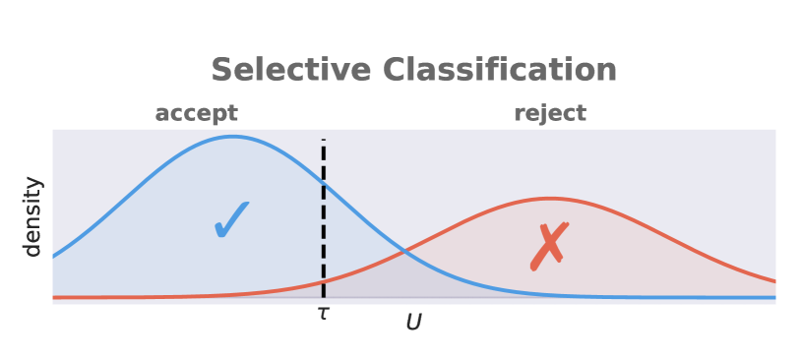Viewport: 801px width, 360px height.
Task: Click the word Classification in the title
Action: pyautogui.click(x=499, y=70)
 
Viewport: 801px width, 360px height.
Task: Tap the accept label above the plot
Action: pyautogui.click(x=196, y=113)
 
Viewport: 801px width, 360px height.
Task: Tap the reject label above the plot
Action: pyautogui.click(x=549, y=113)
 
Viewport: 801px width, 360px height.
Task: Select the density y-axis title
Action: pyautogui.click(x=33, y=216)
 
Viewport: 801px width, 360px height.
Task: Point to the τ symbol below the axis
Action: pyautogui.click(x=323, y=314)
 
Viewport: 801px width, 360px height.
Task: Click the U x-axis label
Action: pyautogui.click(x=413, y=322)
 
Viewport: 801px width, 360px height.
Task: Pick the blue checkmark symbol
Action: pyautogui.click(x=232, y=220)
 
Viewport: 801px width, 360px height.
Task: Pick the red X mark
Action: pyautogui.click(x=547, y=246)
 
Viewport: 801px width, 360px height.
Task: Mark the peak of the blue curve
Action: pyautogui.click(x=232, y=136)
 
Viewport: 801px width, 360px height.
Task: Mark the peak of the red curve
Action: pyautogui.click(x=549, y=198)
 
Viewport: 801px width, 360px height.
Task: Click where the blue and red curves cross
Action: pyautogui.click(x=403, y=253)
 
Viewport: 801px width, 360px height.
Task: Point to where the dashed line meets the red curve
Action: pyautogui.click(x=323, y=282)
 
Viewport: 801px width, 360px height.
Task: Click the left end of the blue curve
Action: pyautogui.click(x=53, y=257)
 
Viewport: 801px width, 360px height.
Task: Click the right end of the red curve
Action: pyautogui.click(x=774, y=280)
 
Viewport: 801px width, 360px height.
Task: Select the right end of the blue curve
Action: pyautogui.click(x=774, y=297)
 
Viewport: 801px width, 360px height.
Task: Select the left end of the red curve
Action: pyautogui.click(x=53, y=297)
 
